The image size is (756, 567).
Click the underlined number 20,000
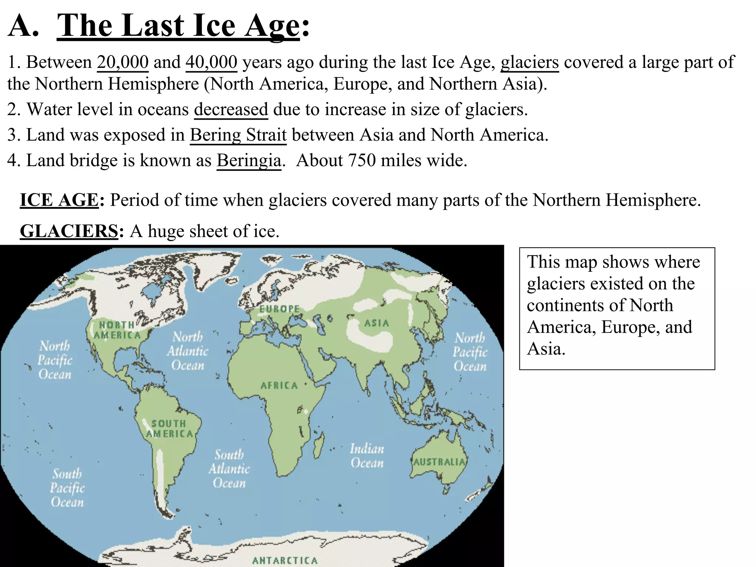coord(123,62)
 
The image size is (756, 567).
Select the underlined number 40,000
coord(211,62)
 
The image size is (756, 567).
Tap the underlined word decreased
coord(231,110)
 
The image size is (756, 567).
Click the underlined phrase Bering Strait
coord(238,135)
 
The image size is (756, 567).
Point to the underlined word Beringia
coord(249,161)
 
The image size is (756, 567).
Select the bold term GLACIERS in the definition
coord(69,231)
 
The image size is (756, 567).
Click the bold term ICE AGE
coord(59,200)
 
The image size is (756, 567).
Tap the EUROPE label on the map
coord(279,309)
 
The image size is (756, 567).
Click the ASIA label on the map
coord(377,323)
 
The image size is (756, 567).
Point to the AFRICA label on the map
coord(279,385)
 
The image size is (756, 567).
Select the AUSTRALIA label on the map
coord(439,462)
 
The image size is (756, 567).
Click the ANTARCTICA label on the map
coord(285,560)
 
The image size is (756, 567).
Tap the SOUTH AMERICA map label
coord(169,429)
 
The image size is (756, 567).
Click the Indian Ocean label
coord(367,456)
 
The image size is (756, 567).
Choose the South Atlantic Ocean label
coord(229,469)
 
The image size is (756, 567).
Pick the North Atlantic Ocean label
coord(188,351)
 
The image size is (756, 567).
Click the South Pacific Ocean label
coord(67,488)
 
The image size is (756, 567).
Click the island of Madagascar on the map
coord(319,445)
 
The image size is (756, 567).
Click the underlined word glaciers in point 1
coord(529,62)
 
